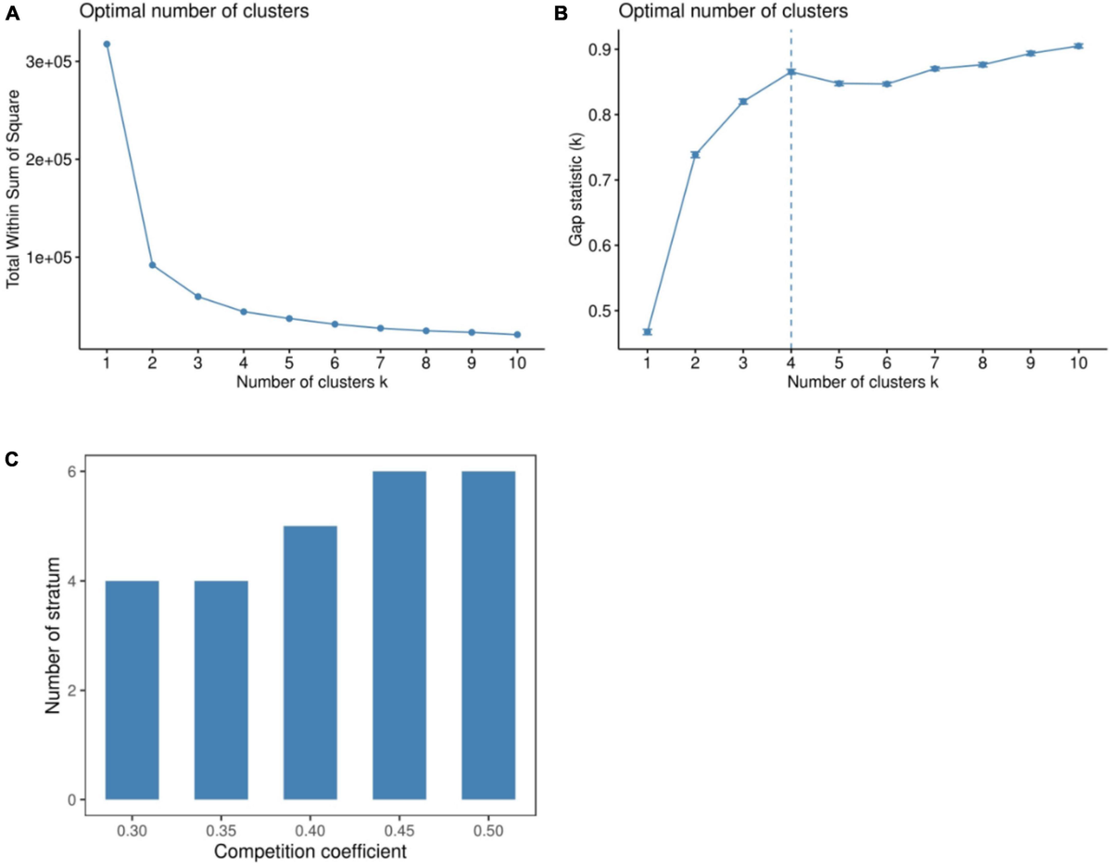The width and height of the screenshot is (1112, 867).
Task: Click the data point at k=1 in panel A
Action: pyautogui.click(x=107, y=44)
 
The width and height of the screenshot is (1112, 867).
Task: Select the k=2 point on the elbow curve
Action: pyautogui.click(x=152, y=265)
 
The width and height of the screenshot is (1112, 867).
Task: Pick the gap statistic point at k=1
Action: pyautogui.click(x=647, y=332)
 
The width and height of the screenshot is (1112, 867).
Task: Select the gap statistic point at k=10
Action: pyautogui.click(x=1079, y=45)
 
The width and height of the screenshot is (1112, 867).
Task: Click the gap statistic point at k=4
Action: pyautogui.click(x=790, y=72)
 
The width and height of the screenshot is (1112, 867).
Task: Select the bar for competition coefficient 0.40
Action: pyautogui.click(x=310, y=662)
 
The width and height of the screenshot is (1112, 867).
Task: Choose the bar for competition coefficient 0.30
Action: pyautogui.click(x=132, y=690)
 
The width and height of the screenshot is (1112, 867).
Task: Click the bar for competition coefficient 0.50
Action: pyautogui.click(x=488, y=635)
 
